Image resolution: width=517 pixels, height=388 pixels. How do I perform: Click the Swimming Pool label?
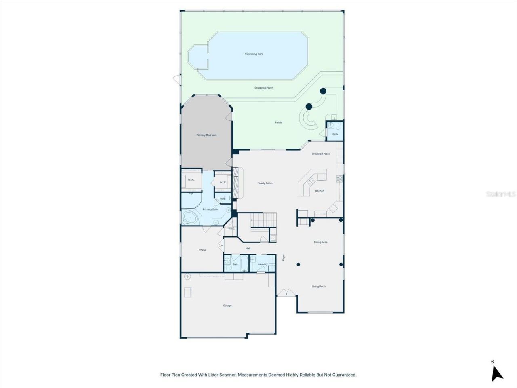254,54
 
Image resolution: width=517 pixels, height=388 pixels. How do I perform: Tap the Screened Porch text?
264,88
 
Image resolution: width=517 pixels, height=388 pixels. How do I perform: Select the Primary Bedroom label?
206,135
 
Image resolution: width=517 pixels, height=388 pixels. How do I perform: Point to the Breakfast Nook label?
321,154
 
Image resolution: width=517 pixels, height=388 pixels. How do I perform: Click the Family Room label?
265,183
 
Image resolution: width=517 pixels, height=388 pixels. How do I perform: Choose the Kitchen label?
319,191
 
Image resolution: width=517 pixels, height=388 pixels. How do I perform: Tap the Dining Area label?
320,242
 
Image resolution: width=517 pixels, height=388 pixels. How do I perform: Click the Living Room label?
319,287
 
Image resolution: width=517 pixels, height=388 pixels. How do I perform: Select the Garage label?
227,306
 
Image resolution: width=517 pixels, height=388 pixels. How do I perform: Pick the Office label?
202,250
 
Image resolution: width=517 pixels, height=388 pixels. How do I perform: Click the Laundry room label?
263,264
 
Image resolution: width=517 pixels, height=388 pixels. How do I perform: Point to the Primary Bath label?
210,209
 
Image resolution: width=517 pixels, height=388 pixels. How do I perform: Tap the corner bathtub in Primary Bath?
189,218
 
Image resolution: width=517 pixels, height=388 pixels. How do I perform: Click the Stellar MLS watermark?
501,194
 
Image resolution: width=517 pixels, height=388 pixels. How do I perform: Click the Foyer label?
284,257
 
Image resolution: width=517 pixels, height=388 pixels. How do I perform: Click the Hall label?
248,249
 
